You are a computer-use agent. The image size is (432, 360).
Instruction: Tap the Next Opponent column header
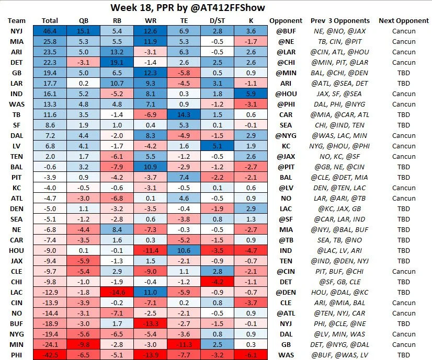tap(404, 21)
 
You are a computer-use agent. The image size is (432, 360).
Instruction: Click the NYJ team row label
tap(16, 31)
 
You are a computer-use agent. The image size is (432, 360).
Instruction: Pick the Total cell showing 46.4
tap(50, 31)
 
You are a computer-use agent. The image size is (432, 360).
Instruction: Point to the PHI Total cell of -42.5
tap(50, 354)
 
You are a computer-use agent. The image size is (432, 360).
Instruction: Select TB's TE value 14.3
tap(185, 115)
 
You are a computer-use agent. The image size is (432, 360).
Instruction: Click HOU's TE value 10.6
tap(185, 250)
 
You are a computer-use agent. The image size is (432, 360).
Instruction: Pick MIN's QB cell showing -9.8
tap(84, 344)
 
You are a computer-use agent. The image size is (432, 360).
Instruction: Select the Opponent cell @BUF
tap(286, 31)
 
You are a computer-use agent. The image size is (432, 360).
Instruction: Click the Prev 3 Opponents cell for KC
tap(339, 188)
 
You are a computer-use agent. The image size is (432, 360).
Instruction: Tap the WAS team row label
tap(16, 104)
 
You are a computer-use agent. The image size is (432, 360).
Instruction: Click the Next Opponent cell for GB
tap(404, 73)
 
